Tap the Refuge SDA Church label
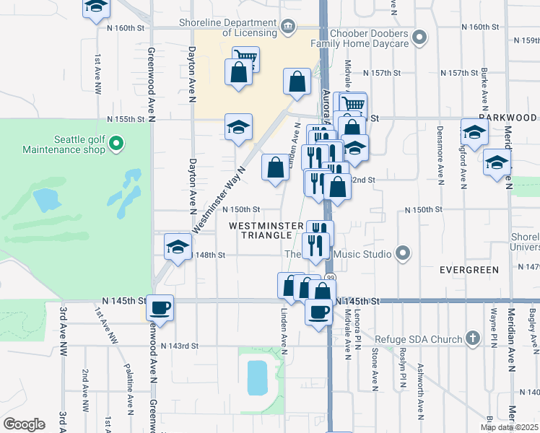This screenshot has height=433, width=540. pos(424,338)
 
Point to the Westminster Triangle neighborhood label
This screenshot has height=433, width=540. pos(266,231)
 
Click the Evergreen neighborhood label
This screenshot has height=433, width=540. pos(469,270)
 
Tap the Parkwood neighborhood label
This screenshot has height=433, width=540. pos(508,118)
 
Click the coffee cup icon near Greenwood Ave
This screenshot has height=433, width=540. pos(160,307)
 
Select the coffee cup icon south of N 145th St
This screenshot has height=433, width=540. pos(318,312)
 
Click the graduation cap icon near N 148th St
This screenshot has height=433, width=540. pos(178,248)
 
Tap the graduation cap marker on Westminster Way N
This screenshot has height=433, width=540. pos(238,127)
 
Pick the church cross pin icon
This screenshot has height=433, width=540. pos(472,338)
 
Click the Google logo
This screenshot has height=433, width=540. pos(25,424)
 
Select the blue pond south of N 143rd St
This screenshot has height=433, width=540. pos(256,377)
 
